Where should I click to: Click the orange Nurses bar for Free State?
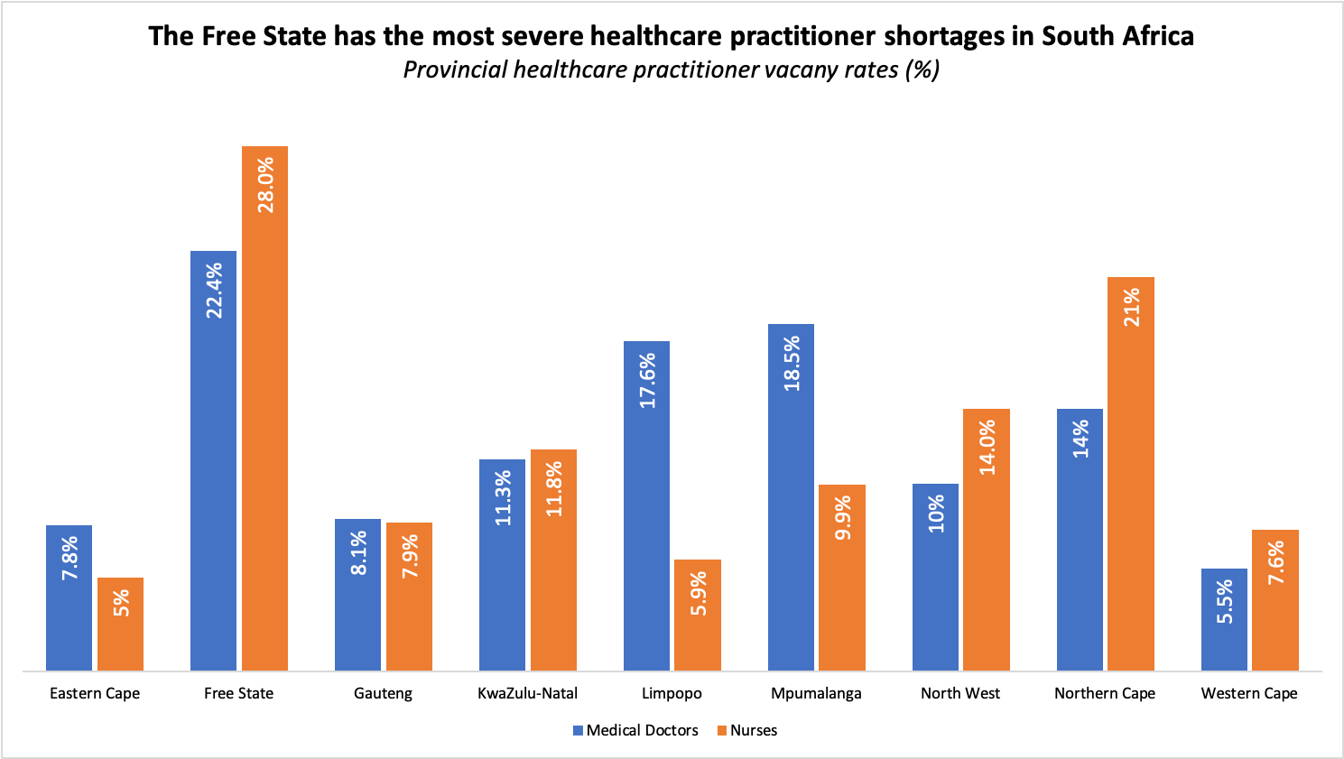tap(264, 406)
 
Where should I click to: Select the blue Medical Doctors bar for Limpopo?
tap(646, 505)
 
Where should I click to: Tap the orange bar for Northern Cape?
tap(1131, 474)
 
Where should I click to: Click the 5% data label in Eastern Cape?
tap(121, 603)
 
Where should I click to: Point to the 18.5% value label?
tap(792, 364)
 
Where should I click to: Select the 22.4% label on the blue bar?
tap(214, 291)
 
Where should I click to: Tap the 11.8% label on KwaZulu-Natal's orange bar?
tap(553, 488)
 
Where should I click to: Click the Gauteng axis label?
tap(383, 693)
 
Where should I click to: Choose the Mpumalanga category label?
tap(816, 693)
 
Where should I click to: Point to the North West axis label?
tap(960, 693)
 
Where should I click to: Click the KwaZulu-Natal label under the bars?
tap(527, 693)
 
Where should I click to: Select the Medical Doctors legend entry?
tap(642, 730)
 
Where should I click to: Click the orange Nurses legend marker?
tap(722, 731)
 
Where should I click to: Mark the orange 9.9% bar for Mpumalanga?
tap(842, 578)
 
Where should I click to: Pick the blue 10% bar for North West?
tap(935, 578)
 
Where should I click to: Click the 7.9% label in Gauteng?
tap(410, 556)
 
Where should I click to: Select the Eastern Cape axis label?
tap(95, 693)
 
